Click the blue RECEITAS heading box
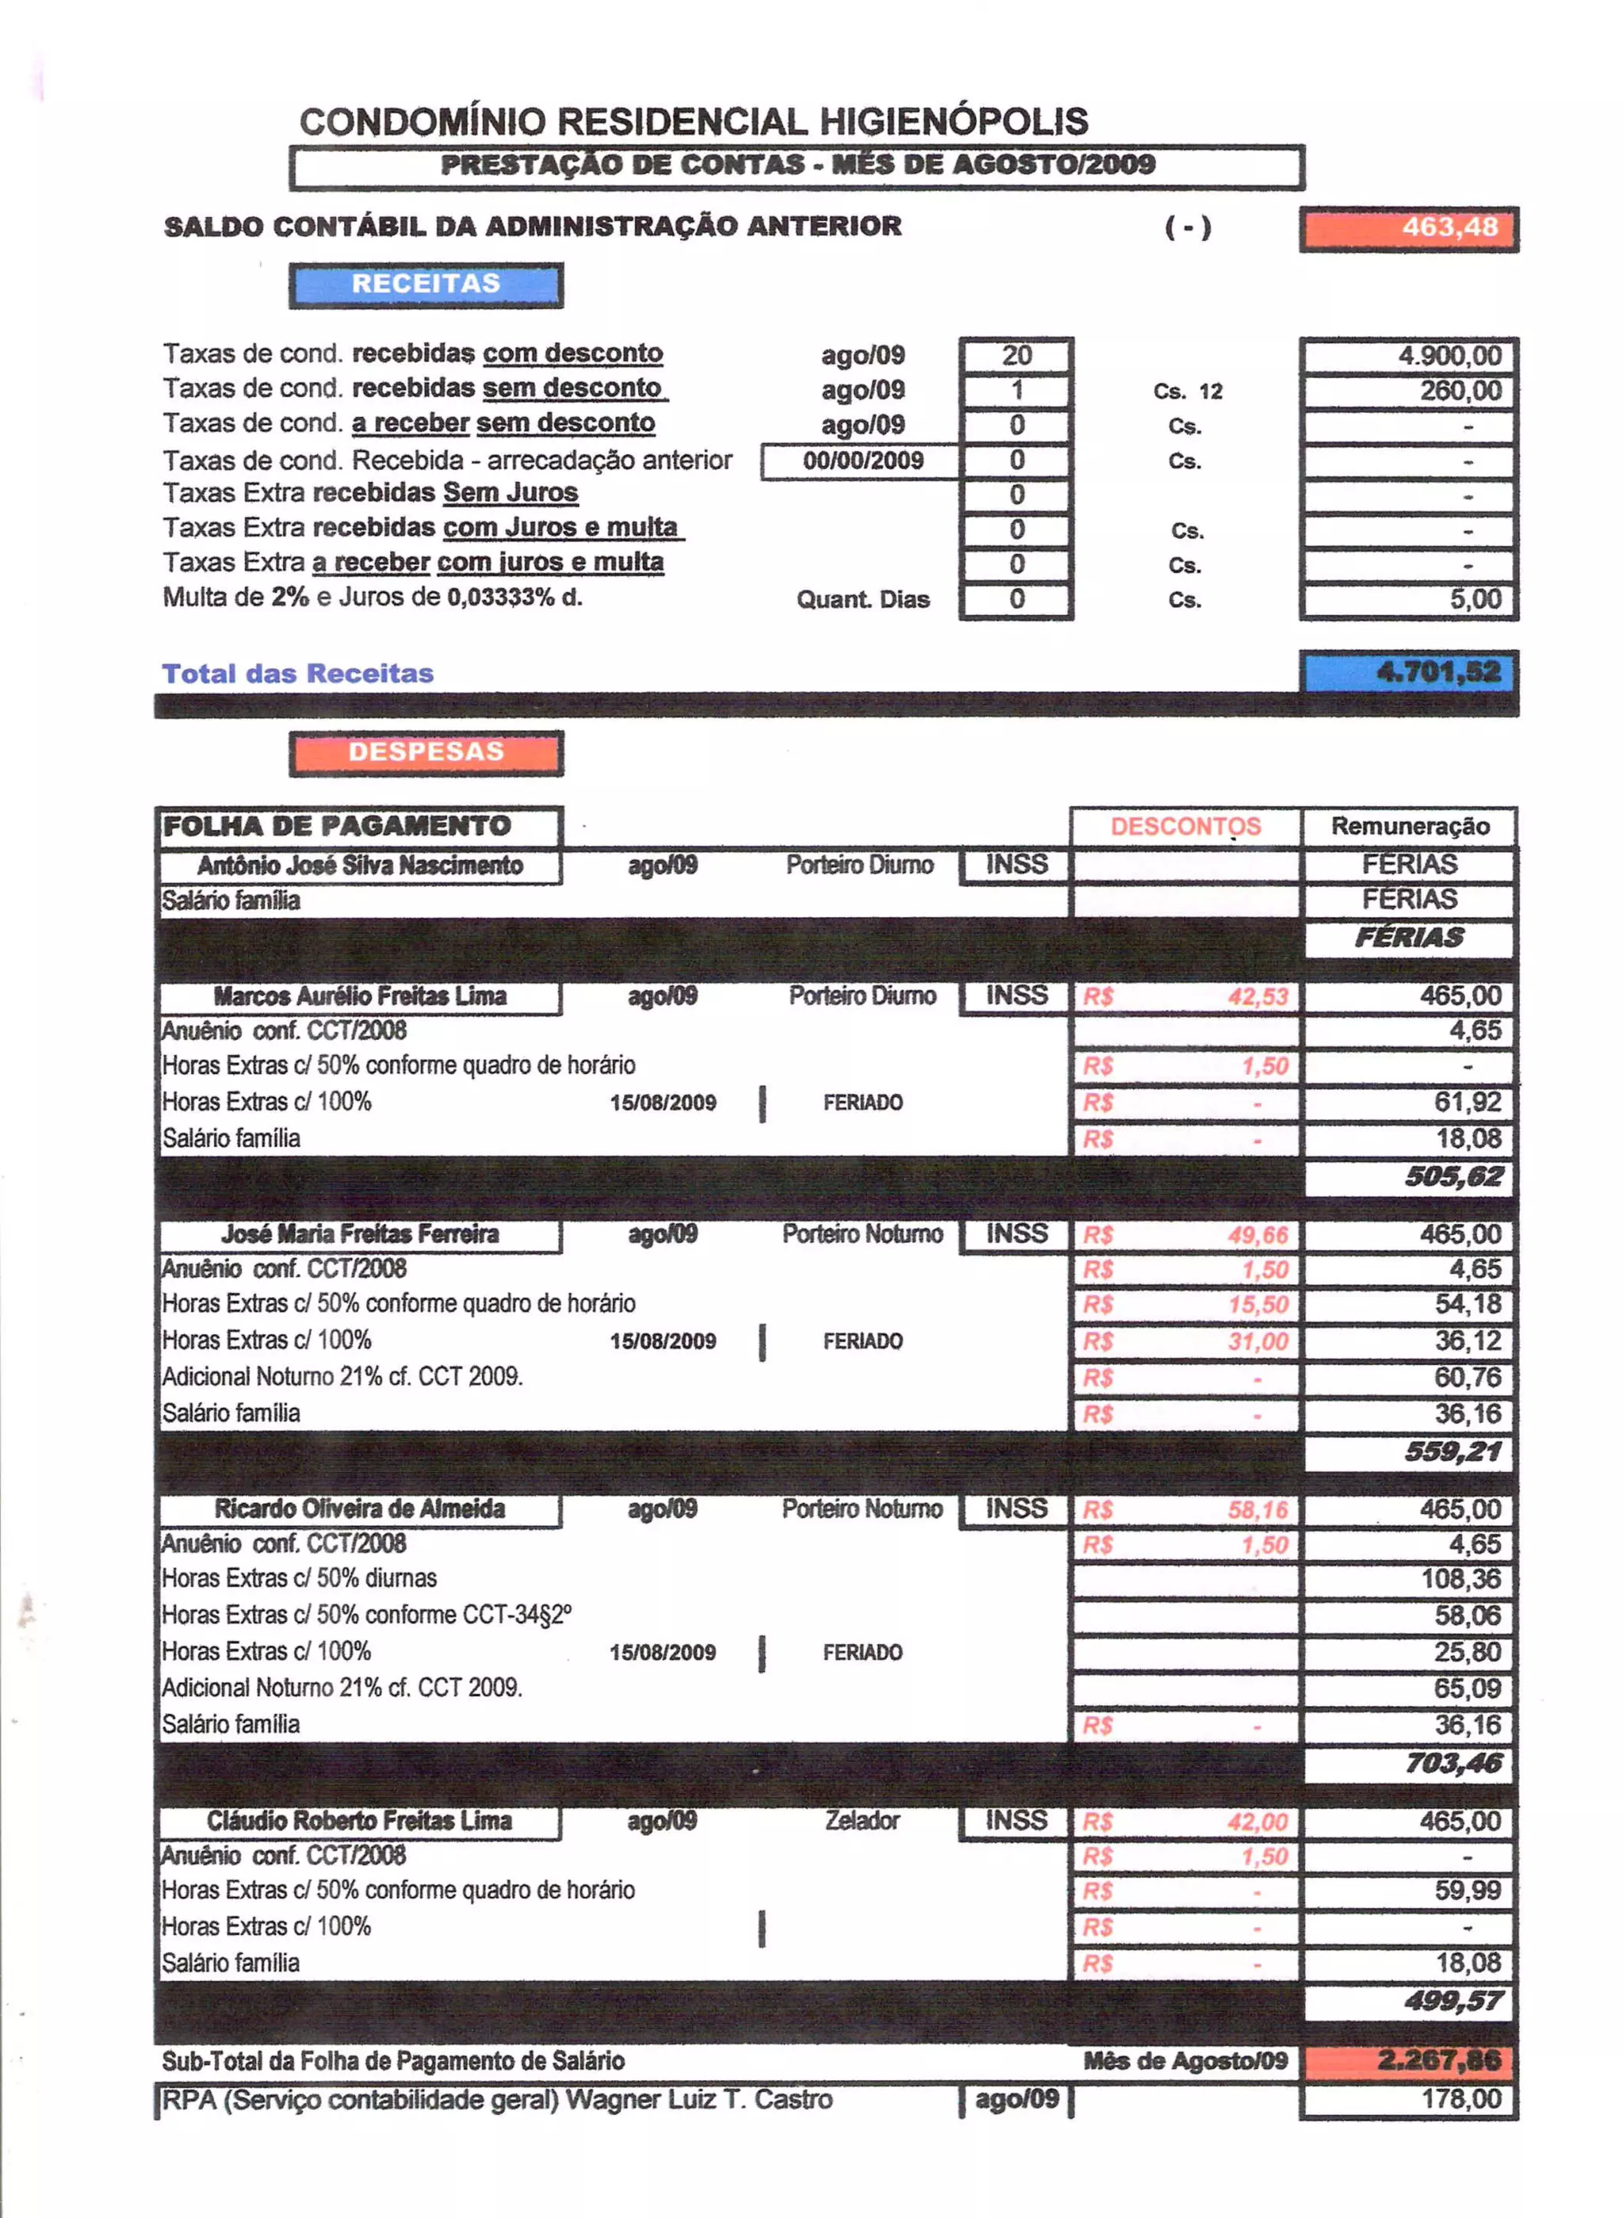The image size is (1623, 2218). tap(426, 285)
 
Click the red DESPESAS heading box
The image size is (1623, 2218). tap(426, 753)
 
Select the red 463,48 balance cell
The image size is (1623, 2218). tap(1409, 228)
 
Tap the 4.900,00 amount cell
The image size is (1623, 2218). tap(1409, 356)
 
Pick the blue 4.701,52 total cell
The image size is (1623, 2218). tap(1409, 673)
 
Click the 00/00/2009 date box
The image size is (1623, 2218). tap(861, 461)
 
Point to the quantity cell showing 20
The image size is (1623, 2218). tap(1016, 356)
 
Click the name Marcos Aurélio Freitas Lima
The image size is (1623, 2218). tap(360, 996)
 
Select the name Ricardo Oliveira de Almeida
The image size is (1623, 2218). tap(360, 1509)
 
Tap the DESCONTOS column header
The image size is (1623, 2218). tap(1185, 827)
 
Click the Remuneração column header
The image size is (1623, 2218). tap(1409, 827)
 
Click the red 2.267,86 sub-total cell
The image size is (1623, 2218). tap(1409, 2061)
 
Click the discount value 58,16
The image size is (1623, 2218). tap(1257, 1510)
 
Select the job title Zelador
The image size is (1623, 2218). tap(861, 1821)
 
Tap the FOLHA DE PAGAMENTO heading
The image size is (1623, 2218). tap(337, 827)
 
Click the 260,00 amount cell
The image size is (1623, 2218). tap(1409, 391)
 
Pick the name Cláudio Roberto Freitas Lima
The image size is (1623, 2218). tap(360, 1821)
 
